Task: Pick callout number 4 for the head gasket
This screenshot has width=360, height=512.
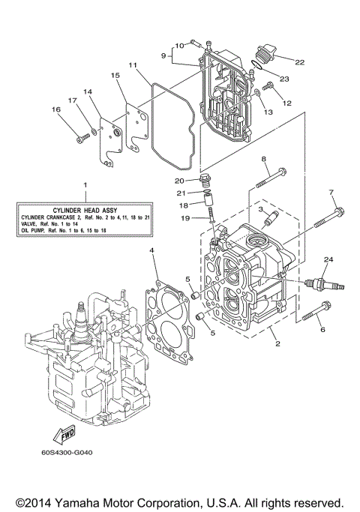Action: [x=151, y=250]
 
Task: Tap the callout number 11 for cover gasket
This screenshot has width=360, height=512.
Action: [x=132, y=65]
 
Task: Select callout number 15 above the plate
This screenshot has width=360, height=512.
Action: [x=115, y=76]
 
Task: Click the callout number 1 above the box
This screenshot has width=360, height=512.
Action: [x=85, y=184]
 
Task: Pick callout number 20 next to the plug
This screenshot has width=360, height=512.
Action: [x=179, y=181]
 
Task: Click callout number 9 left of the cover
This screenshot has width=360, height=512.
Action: [x=163, y=55]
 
